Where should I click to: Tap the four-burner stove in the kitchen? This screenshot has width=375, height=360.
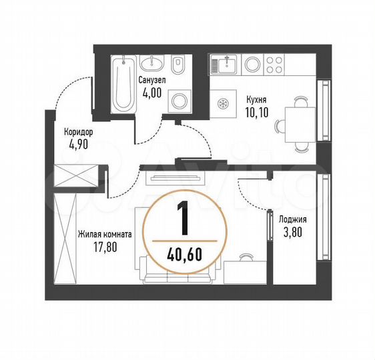273,65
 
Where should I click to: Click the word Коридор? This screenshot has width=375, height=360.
79,132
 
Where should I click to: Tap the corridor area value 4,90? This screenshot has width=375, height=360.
79,143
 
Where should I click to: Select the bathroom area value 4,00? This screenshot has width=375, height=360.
151,93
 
